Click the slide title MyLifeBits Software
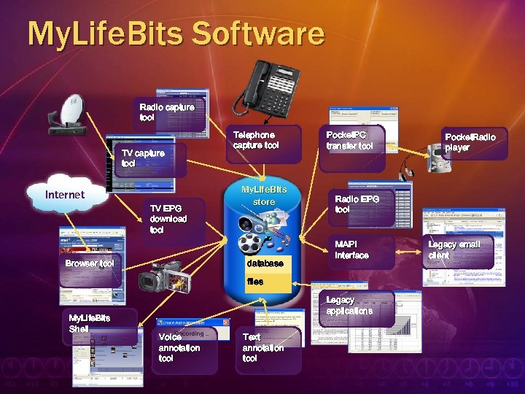tap(175, 34)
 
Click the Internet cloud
tap(65, 194)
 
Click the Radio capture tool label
tap(167, 112)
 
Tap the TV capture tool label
tap(143, 158)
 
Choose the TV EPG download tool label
tap(168, 218)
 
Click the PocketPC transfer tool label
tap(349, 140)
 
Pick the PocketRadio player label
tap(470, 142)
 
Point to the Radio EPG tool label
tap(353, 204)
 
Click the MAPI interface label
tap(352, 250)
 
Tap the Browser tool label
tap(89, 263)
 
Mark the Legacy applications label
tap(349, 305)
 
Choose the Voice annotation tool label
tap(179, 347)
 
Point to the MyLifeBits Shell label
tap(89, 323)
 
